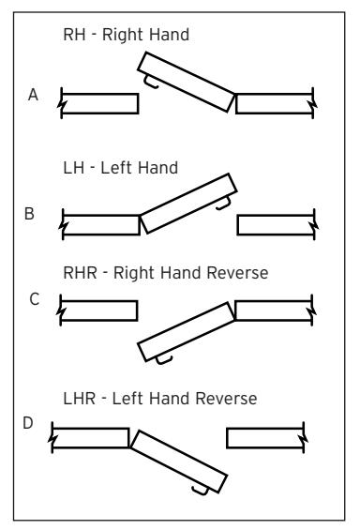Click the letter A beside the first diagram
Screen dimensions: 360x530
click(33, 95)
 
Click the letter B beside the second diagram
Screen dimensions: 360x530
click(29, 214)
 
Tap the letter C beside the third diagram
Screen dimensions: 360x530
click(35, 299)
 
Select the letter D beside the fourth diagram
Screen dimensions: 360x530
click(28, 423)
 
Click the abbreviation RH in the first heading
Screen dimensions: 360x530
click(74, 35)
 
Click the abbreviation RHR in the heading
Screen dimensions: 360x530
click(81, 273)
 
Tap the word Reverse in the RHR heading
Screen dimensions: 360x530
click(237, 273)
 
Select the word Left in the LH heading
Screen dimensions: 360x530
click(114, 168)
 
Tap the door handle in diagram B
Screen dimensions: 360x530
click(223, 204)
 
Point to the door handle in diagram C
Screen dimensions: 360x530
click(164, 359)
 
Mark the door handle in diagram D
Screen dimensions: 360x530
click(201, 491)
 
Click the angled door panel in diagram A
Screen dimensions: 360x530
click(186, 82)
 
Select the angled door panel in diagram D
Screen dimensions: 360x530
click(179, 462)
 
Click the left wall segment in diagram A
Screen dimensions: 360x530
click(99, 104)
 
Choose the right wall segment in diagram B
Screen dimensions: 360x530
click(277, 225)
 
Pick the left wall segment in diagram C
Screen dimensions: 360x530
click(98, 310)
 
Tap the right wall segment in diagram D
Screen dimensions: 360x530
click(266, 438)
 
